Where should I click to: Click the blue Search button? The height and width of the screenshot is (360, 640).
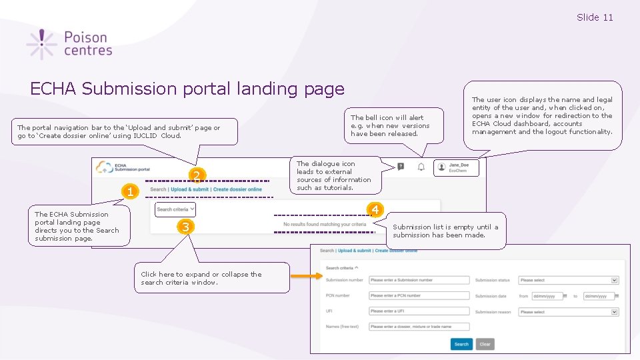click(461, 344)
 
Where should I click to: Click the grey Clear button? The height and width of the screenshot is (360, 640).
click(485, 344)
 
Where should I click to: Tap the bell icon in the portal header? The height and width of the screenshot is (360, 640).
click(421, 167)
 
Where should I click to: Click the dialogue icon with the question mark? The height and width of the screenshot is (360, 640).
click(400, 167)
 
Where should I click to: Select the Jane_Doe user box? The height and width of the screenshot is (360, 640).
click(456, 167)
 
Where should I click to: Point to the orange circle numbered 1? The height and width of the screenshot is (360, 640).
click(132, 192)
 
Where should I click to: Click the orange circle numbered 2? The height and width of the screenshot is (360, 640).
click(197, 176)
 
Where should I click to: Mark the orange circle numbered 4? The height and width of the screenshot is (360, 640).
click(375, 210)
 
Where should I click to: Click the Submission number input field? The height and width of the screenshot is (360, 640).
click(419, 280)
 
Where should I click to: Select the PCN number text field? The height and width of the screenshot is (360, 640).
click(419, 295)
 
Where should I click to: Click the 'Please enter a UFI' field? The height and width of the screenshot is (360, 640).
click(419, 311)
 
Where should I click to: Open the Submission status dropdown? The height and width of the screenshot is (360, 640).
click(569, 280)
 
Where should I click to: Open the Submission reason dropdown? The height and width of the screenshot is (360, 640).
click(569, 311)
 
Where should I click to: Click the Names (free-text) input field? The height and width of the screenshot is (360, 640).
click(419, 327)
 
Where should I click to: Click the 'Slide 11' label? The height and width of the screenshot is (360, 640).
click(595, 17)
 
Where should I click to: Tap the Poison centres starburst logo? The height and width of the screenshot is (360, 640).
click(42, 44)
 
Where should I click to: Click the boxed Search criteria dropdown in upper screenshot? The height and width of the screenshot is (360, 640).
click(175, 209)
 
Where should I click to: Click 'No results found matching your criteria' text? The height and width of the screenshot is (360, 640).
click(325, 225)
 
